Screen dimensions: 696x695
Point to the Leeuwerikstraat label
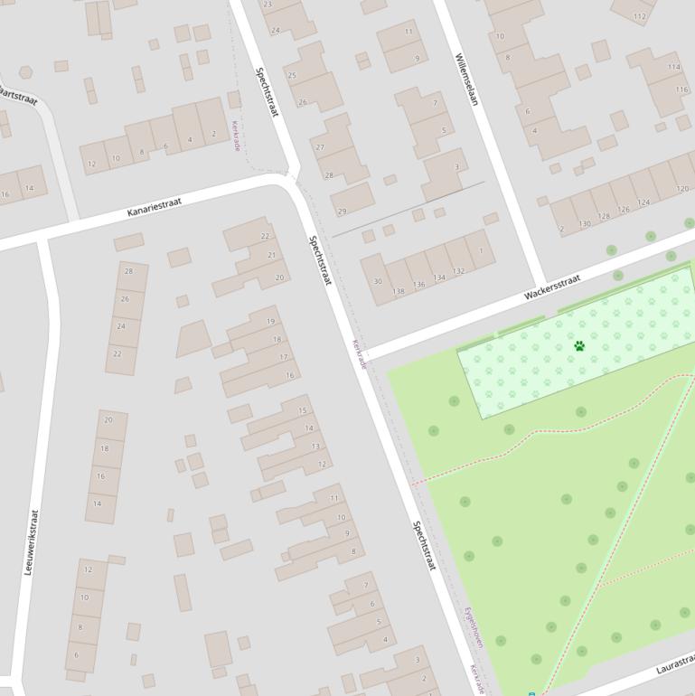32,543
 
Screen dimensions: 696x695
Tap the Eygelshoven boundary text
474,627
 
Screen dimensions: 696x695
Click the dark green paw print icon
579,346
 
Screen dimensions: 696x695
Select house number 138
399,291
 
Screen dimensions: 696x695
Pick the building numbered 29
342,212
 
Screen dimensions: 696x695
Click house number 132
458,271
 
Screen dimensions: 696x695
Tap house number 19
270,322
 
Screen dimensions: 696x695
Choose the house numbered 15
303,411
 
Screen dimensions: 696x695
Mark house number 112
640,16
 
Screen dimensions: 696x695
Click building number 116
681,89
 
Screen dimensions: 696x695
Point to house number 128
604,216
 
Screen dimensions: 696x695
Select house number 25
292,75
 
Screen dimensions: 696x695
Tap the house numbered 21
271,256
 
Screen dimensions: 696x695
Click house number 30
378,281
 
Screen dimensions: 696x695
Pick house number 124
643,202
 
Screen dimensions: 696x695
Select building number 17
284,357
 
